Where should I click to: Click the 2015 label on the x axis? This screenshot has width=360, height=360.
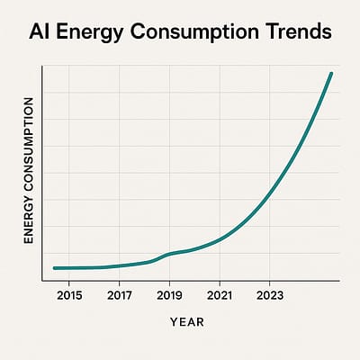69,294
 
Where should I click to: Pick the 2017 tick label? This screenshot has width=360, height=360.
120,294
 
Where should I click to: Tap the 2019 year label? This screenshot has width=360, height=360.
170,294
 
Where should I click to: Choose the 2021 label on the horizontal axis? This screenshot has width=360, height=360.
220,294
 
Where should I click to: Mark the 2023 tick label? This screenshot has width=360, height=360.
270,294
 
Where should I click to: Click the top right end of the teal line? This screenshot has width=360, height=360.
332,73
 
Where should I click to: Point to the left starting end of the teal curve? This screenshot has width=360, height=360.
54,268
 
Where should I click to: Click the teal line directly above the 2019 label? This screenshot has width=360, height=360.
170,254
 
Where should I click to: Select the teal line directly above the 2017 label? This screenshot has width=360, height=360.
120,265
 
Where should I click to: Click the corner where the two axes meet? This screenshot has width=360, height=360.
42,282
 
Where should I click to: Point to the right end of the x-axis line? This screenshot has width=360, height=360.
340,282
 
